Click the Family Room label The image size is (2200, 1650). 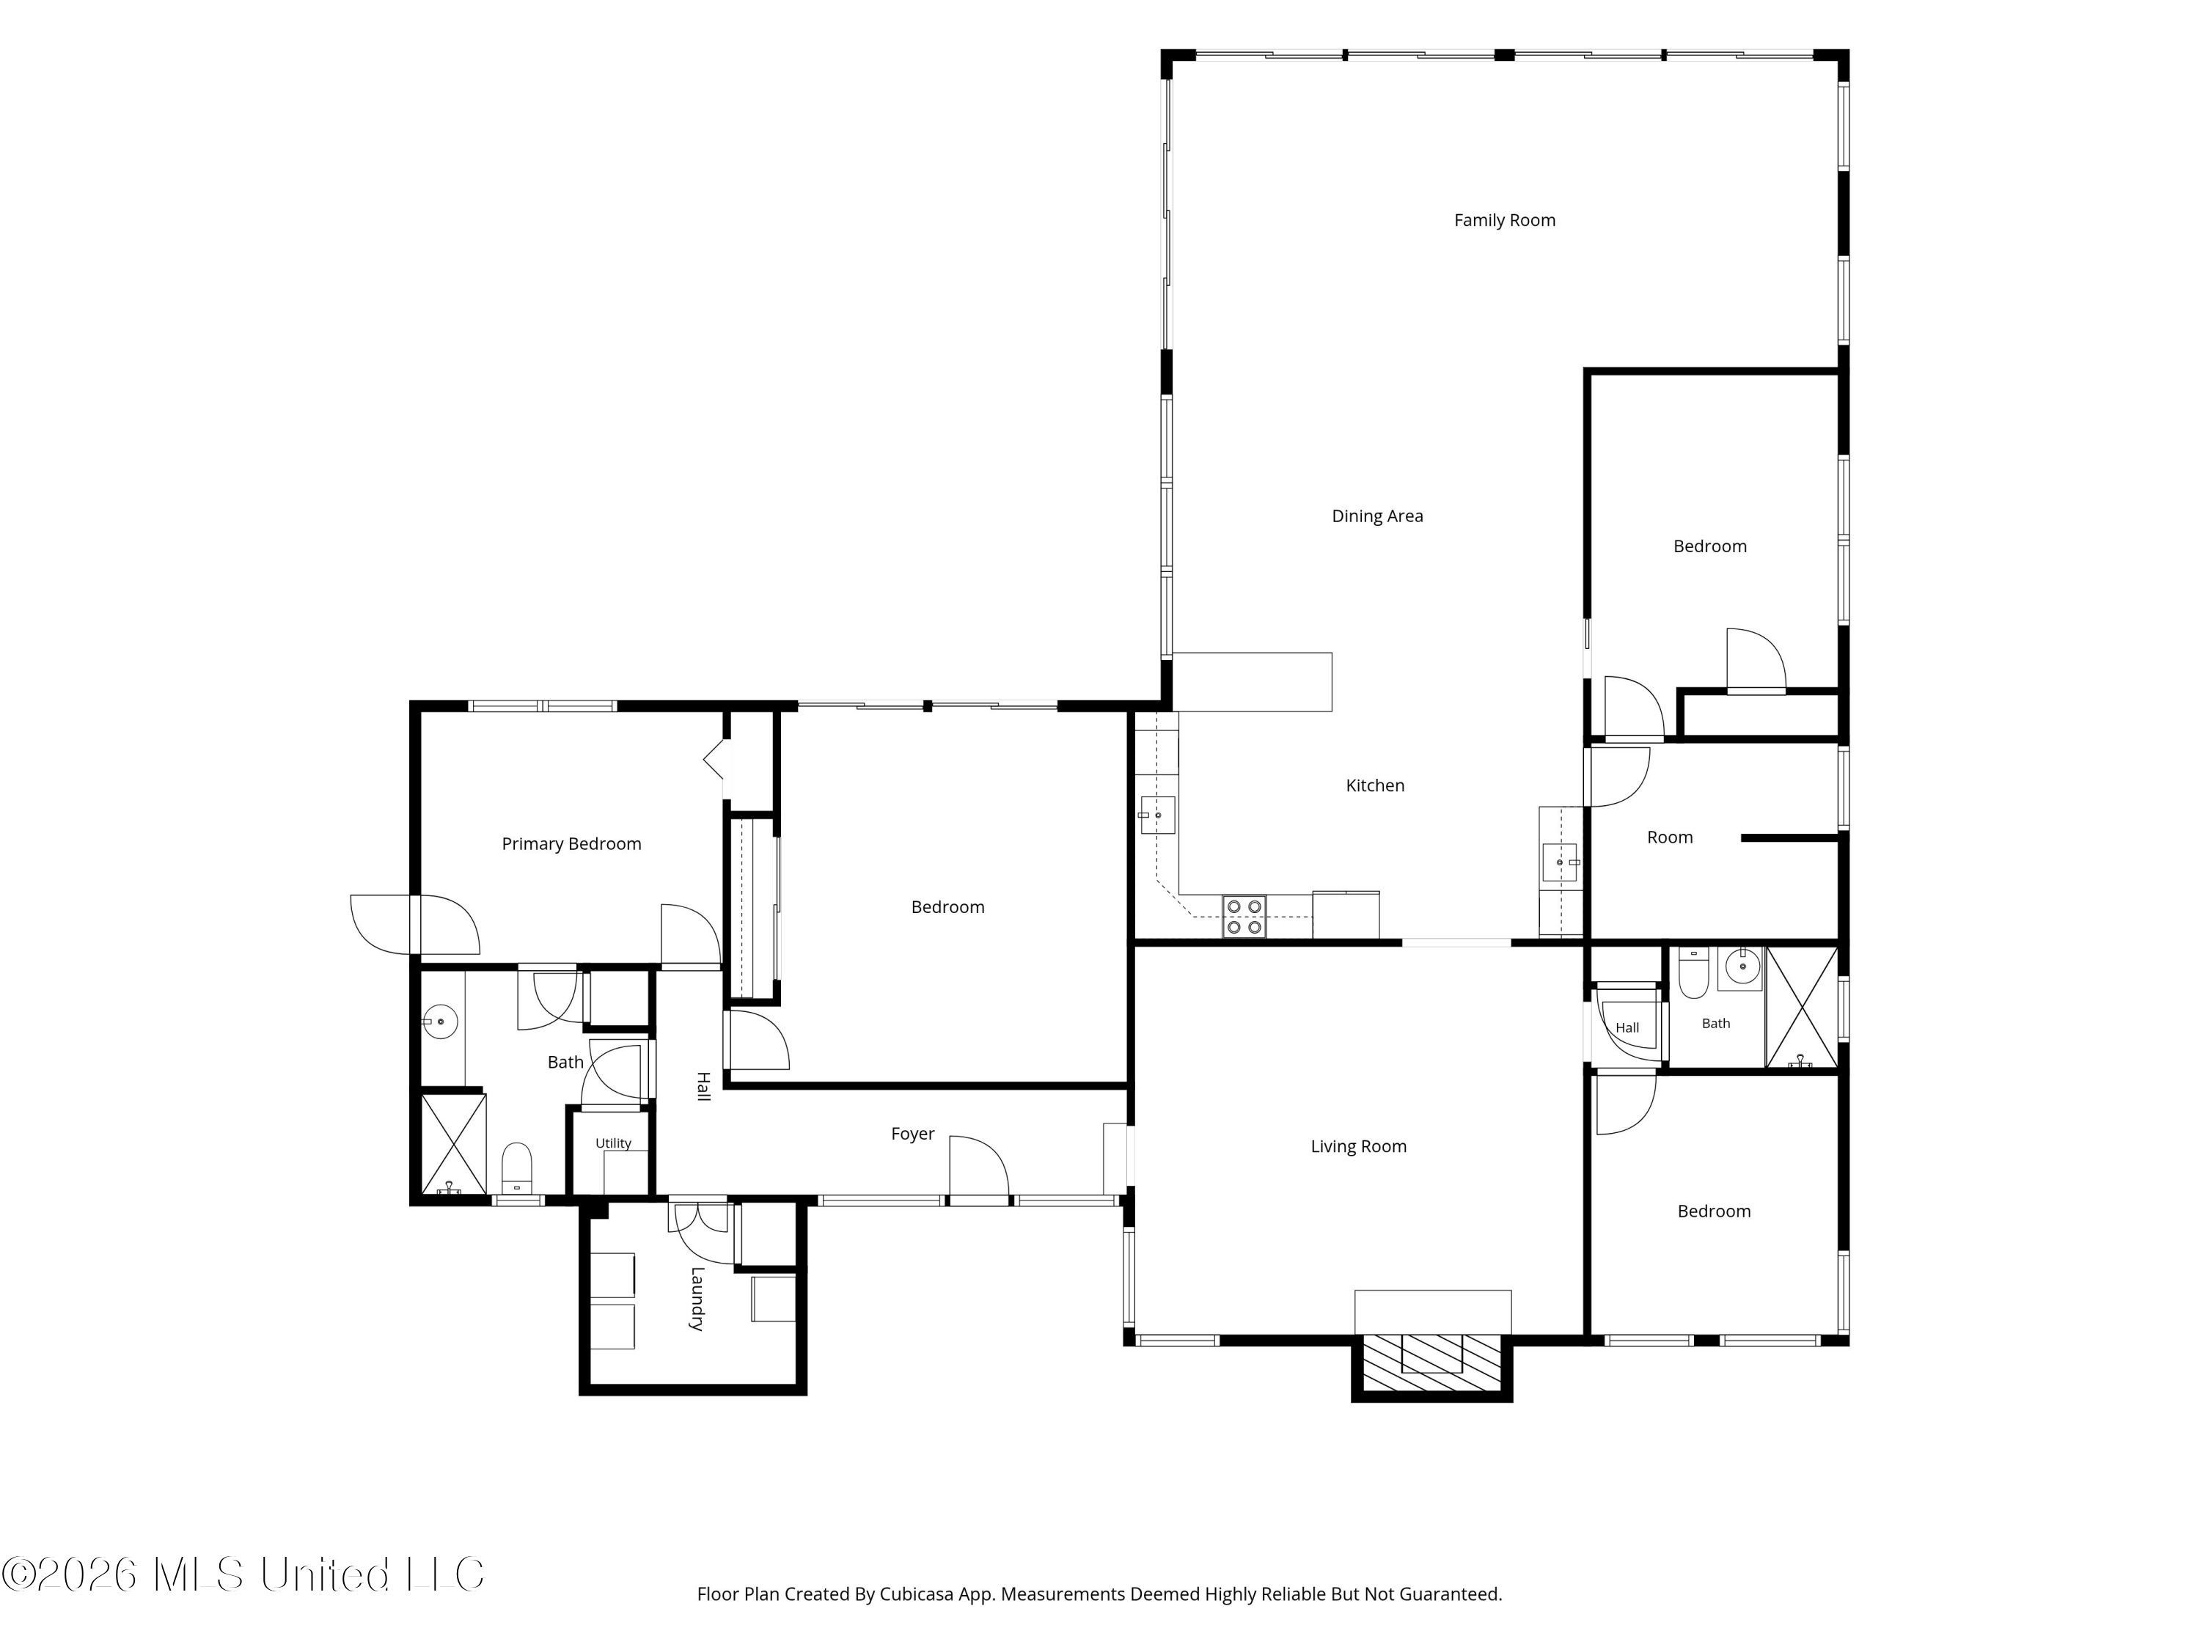point(1504,220)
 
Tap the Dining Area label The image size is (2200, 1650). point(1376,516)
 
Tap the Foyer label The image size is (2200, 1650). point(912,1134)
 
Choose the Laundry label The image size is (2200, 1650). point(697,1298)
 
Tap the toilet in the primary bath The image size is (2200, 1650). point(516,1167)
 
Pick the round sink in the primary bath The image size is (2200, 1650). point(439,1022)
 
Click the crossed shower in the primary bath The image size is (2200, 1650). point(453,1144)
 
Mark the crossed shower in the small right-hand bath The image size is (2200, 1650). point(1801,1008)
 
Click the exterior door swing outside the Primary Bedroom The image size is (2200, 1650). point(379,925)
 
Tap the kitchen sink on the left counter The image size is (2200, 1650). point(1156,815)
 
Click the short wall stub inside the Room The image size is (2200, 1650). point(1790,838)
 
